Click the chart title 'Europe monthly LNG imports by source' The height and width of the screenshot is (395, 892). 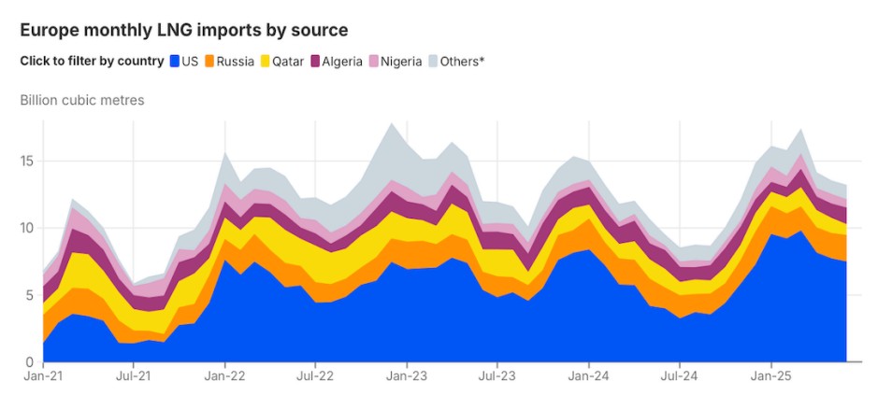pyautogui.click(x=184, y=30)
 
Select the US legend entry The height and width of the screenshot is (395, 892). pyautogui.click(x=182, y=62)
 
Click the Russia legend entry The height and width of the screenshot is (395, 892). pyautogui.click(x=229, y=62)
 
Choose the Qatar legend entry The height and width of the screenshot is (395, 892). pyautogui.click(x=281, y=62)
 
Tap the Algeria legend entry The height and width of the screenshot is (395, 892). pyautogui.click(x=337, y=62)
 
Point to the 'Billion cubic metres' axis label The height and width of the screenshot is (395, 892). pyautogui.click(x=82, y=100)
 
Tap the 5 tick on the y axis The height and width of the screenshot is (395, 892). pyautogui.click(x=31, y=295)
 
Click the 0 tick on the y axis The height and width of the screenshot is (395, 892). pyautogui.click(x=31, y=362)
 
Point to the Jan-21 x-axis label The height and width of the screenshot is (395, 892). pyautogui.click(x=43, y=379)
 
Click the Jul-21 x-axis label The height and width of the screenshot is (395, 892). pyautogui.click(x=134, y=379)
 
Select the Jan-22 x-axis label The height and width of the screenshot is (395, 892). pyautogui.click(x=225, y=379)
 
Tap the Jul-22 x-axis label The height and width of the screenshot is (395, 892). pyautogui.click(x=316, y=379)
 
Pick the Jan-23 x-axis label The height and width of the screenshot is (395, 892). pyautogui.click(x=407, y=379)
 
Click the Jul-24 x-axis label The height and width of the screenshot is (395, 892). pyautogui.click(x=680, y=379)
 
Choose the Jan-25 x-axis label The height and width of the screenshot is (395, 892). pyautogui.click(x=770, y=379)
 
